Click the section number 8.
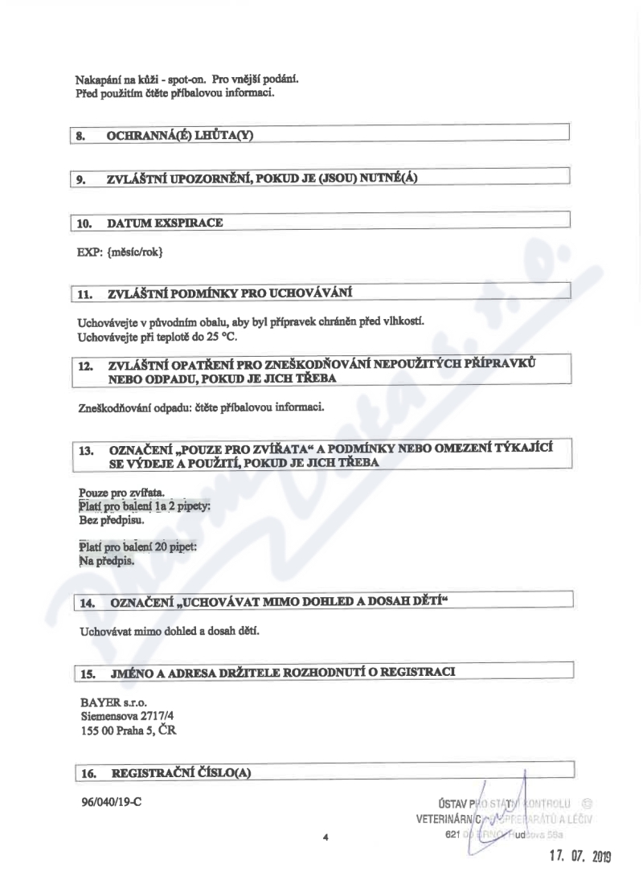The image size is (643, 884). click(80, 136)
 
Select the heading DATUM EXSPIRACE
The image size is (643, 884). click(165, 223)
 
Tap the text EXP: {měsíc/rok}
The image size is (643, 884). click(120, 252)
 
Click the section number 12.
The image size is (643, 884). click(86, 366)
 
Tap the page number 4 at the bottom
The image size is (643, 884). click(326, 837)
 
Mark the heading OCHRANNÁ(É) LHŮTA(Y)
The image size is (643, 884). click(180, 136)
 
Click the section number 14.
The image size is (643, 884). click(89, 602)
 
